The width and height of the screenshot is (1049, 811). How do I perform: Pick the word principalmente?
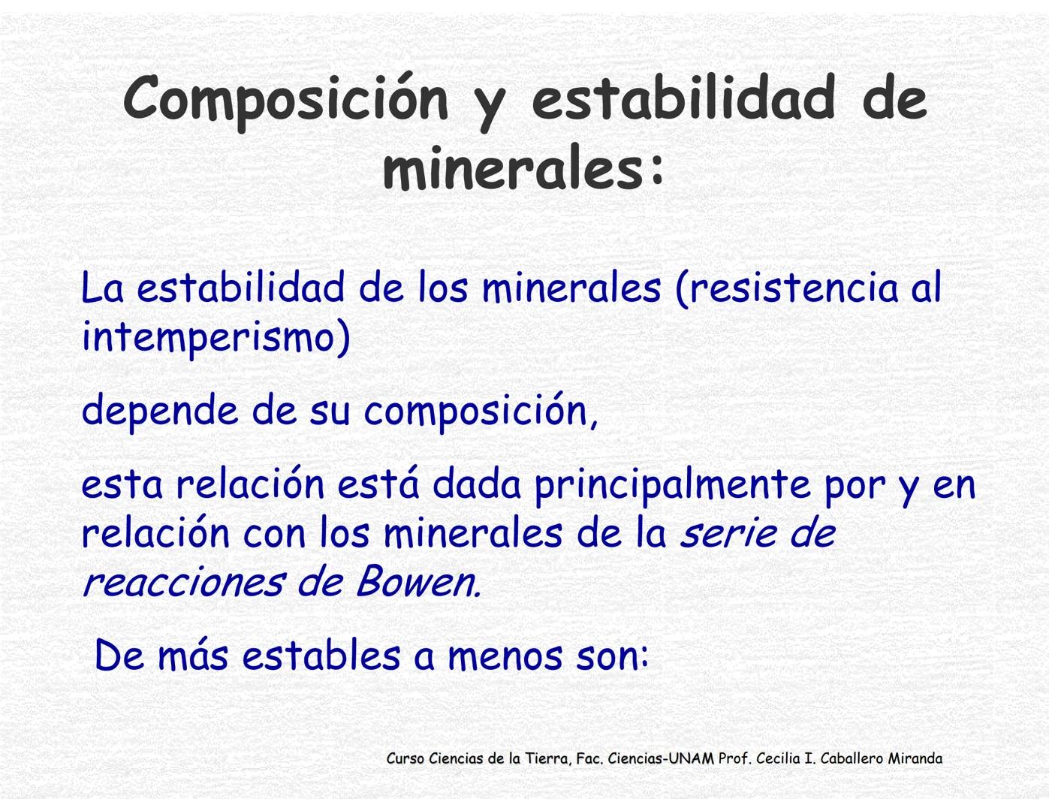tap(672, 484)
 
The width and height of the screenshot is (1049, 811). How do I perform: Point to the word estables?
tap(321, 655)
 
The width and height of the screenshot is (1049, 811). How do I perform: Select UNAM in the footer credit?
tap(691, 758)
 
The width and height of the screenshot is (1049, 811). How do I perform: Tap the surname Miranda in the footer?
tap(915, 758)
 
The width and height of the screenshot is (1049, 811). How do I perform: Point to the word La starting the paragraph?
tap(101, 288)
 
